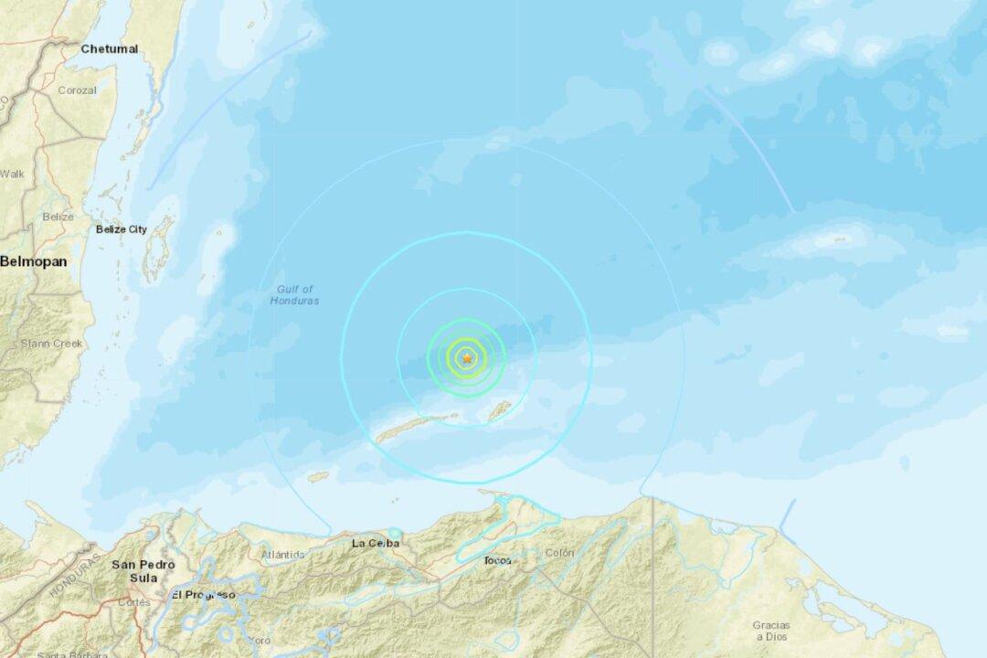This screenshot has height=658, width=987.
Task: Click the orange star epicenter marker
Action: tap(467, 358)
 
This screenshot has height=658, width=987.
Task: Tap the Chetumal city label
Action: tap(109, 48)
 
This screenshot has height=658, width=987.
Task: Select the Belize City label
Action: tap(121, 229)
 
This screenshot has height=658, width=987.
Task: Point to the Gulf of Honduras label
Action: tap(294, 295)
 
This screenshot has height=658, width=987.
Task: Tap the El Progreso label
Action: tap(203, 594)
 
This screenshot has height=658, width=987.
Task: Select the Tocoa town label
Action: tap(498, 560)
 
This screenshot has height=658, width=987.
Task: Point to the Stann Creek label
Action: tap(51, 344)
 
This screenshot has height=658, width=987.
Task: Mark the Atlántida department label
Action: tap(282, 554)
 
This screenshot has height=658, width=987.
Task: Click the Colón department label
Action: tap(559, 553)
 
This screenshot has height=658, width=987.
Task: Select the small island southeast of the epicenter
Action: tap(499, 411)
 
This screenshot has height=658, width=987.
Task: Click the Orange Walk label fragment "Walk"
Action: tap(12, 173)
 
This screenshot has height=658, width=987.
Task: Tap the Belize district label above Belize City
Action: tap(57, 217)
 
